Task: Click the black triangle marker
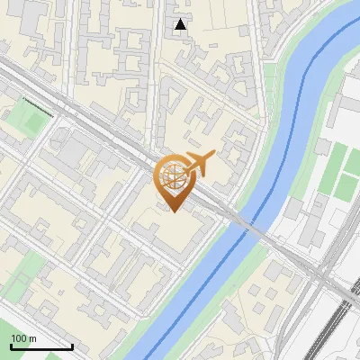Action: [181, 24]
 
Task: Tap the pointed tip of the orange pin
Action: [173, 211]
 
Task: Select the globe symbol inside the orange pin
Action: [173, 176]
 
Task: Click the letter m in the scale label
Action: [34, 338]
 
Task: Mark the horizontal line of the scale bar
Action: [41, 346]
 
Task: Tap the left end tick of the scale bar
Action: [11, 345]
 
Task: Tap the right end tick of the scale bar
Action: [72, 345]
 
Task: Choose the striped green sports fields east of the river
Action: [337, 171]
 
